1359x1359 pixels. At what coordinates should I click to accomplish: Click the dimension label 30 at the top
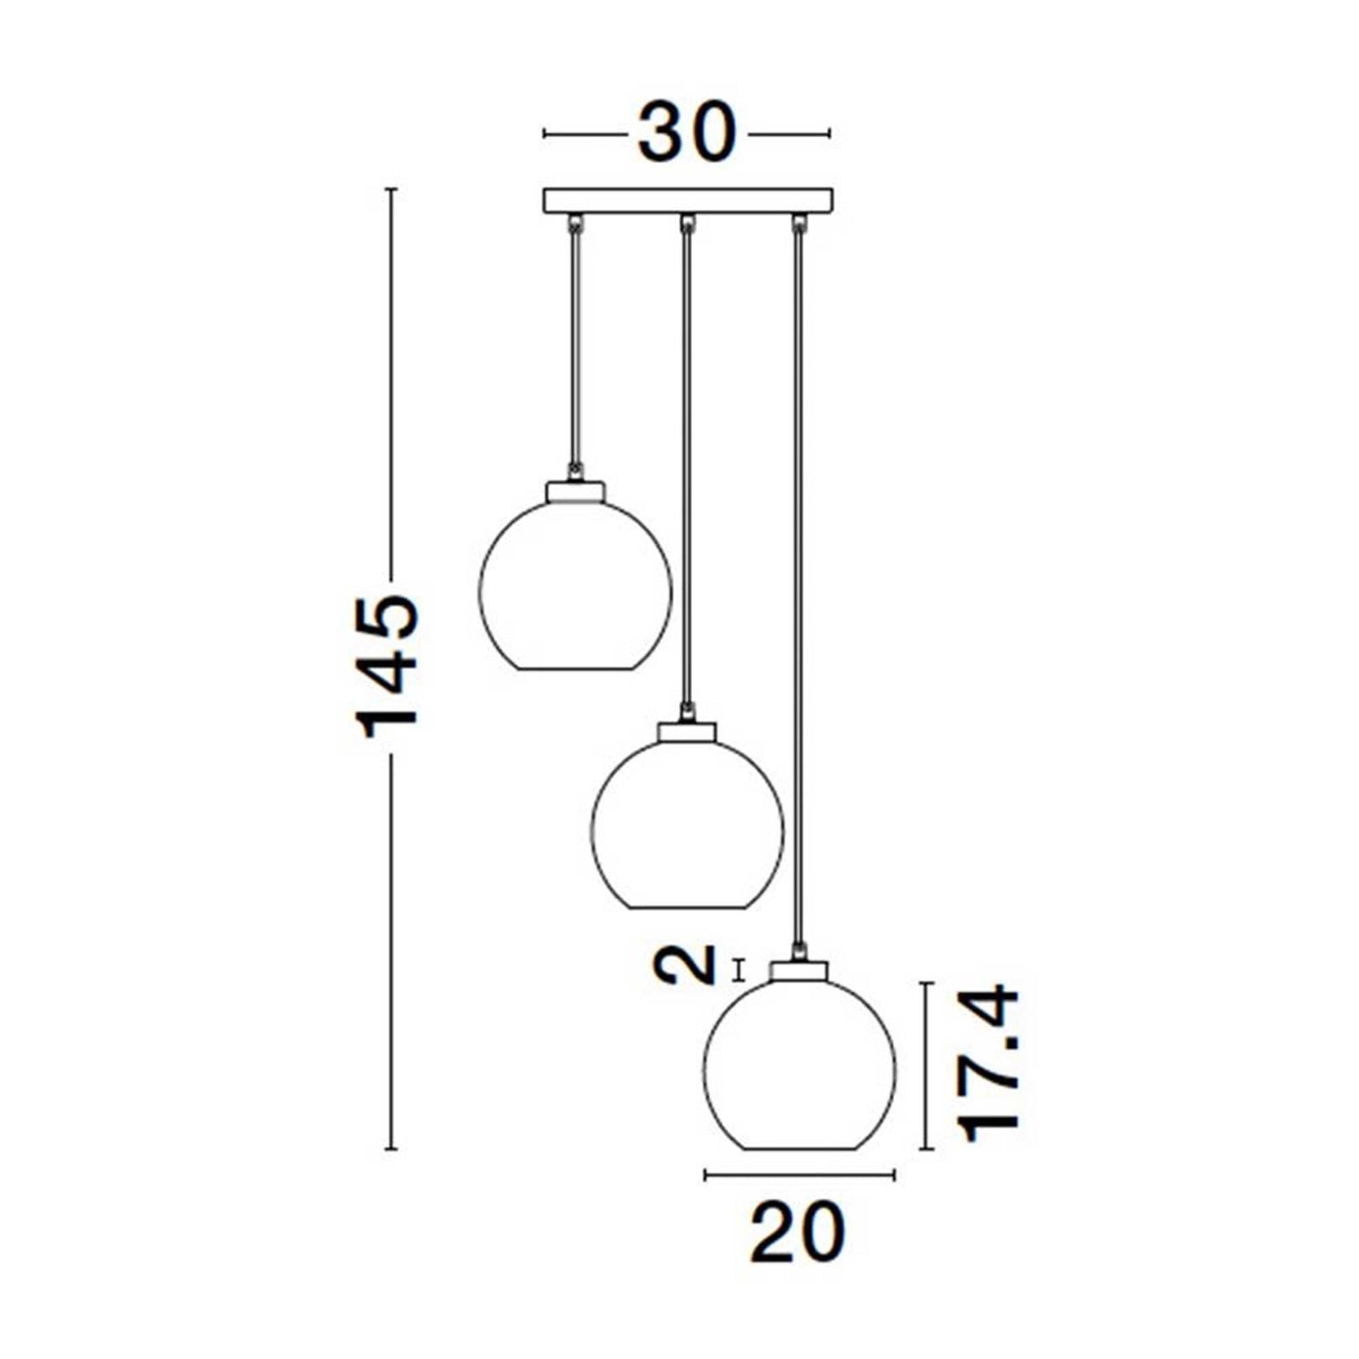686,133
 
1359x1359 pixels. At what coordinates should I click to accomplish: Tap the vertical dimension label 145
388,667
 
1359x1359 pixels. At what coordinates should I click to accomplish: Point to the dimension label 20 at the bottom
798,1231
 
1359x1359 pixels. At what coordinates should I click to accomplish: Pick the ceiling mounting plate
688,200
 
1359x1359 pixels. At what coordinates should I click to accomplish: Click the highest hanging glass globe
576,585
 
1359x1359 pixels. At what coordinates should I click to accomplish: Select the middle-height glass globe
687,825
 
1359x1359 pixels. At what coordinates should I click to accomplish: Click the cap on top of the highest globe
576,491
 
